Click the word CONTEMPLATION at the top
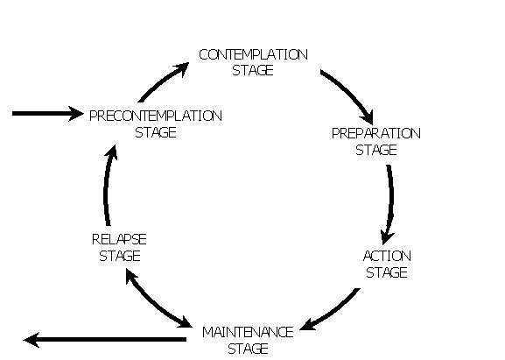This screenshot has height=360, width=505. click(x=254, y=54)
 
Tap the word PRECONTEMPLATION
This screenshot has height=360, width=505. click(x=156, y=116)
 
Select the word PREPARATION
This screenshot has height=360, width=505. click(x=375, y=133)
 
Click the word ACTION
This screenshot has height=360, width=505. click(x=387, y=257)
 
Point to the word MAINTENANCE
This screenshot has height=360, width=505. click(x=248, y=332)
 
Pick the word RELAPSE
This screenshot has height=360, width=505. click(x=119, y=239)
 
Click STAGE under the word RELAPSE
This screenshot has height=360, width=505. click(x=120, y=256)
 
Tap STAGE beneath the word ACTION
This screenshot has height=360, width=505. click(x=387, y=272)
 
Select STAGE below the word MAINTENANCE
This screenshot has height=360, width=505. click(x=248, y=349)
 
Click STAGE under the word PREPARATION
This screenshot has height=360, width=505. click(x=375, y=150)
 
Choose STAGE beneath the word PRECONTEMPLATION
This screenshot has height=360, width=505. click(x=156, y=132)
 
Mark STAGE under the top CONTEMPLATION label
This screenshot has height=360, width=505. click(x=253, y=70)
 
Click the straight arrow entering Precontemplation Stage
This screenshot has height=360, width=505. click(x=47, y=114)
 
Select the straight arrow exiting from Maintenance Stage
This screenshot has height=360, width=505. click(x=105, y=339)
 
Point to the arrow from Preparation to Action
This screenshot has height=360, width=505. click(x=390, y=203)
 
